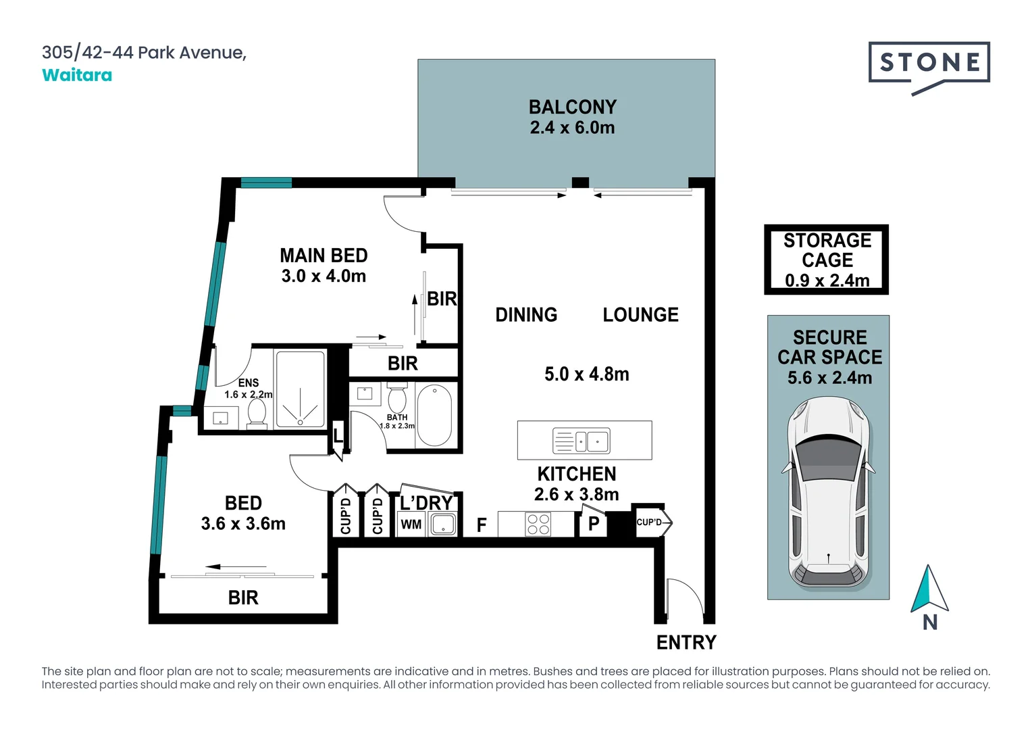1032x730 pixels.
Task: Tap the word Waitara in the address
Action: coord(77,75)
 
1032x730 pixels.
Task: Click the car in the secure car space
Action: coord(828,493)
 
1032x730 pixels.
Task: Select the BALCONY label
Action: coord(572,107)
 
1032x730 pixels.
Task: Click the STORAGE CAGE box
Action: coord(826,260)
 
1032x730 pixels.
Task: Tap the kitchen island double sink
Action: coord(582,441)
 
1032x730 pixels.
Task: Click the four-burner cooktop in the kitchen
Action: coord(538,525)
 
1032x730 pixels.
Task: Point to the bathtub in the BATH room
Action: coord(434,416)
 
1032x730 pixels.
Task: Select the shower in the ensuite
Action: coord(301,389)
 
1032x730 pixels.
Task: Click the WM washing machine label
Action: coord(411,525)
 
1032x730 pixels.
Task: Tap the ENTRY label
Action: coord(686,642)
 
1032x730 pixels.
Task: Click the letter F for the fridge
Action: coord(482,525)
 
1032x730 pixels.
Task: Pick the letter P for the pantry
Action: coord(594,523)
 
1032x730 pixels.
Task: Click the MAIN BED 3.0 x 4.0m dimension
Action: coord(324,276)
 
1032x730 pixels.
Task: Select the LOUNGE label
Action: coord(640,315)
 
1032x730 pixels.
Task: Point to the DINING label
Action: coord(526,315)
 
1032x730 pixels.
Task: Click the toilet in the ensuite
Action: coord(257,412)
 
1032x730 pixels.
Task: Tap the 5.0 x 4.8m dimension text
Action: coord(586,374)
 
